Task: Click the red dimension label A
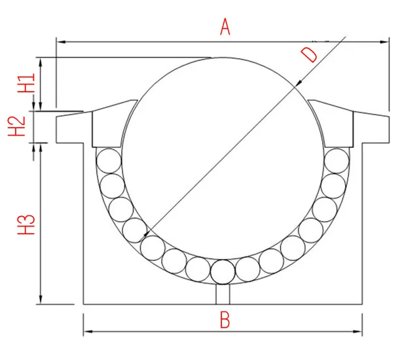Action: point(225,27)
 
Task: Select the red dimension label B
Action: point(225,320)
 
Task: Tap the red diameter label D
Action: point(310,54)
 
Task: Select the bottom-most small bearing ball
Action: point(223,271)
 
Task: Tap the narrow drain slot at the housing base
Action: point(223,295)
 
